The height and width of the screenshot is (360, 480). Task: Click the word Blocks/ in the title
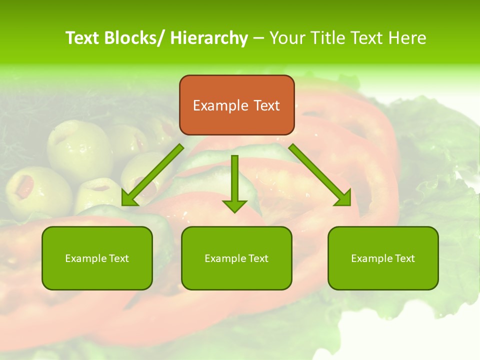pos(134,38)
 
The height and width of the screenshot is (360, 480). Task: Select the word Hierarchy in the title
pos(209,38)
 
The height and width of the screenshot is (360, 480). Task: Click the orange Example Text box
pos(236,105)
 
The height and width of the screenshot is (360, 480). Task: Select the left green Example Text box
pos(97,258)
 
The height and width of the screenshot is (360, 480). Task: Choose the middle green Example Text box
pos(236,258)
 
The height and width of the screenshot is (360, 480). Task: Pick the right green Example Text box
pos(383,258)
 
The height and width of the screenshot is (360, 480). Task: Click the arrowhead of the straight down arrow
pos(234,205)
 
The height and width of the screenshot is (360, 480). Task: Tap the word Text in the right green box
pos(405,258)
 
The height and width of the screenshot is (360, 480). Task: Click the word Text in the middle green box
pos(258,258)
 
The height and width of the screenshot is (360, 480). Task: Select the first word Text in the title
pos(82,38)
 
